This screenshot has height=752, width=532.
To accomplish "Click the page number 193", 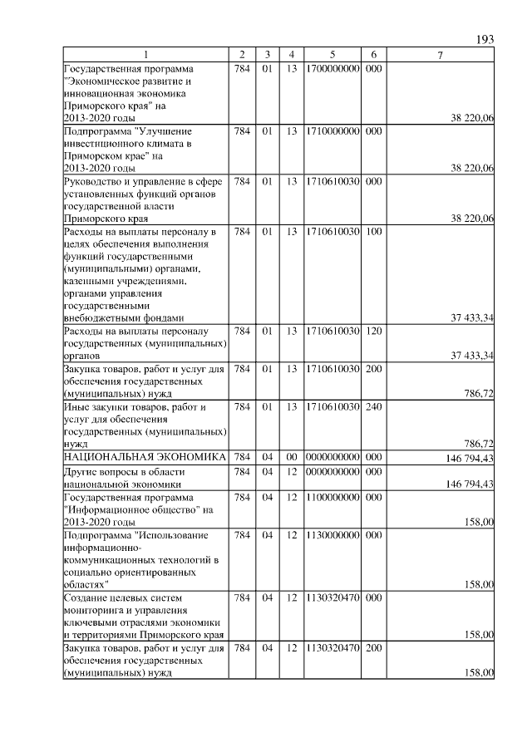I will (x=485, y=40).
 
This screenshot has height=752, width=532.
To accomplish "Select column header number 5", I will (x=332, y=55).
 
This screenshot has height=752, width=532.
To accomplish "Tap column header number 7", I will (x=441, y=55).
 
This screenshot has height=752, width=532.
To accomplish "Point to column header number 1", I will (x=146, y=55).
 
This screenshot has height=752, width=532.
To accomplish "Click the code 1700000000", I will (x=332, y=67).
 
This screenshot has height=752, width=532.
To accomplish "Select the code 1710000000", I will (x=332, y=131).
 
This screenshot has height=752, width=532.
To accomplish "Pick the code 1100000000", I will (x=332, y=497).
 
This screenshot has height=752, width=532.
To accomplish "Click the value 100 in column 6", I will (x=373, y=229).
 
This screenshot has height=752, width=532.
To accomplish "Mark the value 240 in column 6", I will (x=373, y=407).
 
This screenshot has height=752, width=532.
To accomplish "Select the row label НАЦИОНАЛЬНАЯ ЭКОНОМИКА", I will (x=145, y=457).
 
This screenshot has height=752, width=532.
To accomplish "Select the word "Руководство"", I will (x=96, y=180).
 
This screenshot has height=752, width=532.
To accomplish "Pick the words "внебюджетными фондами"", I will (x=124, y=317).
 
